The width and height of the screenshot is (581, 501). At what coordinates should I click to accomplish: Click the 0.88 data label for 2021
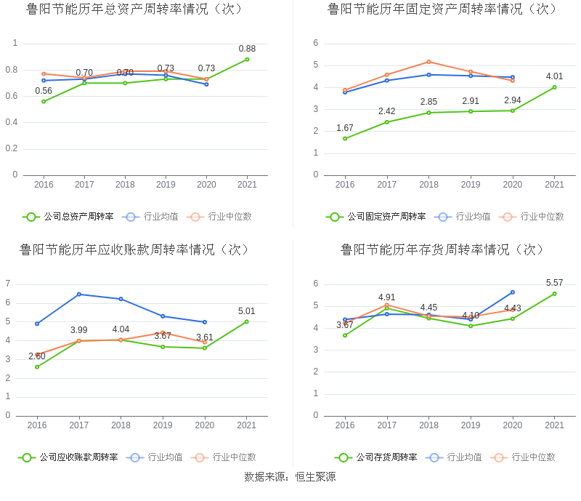point(247,49)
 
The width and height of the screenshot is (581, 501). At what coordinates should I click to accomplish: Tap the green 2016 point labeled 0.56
point(44,101)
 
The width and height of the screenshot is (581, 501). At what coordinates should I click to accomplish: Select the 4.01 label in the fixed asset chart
point(554,76)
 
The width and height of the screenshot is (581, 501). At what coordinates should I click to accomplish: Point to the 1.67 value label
point(345,128)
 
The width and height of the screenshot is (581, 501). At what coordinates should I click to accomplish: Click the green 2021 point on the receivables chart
point(246,321)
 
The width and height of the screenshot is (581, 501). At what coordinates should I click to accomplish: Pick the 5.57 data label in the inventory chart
point(554,283)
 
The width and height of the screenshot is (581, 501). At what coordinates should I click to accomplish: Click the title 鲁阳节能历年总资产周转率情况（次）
point(134,9)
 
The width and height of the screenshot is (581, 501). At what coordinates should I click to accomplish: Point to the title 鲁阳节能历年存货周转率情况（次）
point(442,250)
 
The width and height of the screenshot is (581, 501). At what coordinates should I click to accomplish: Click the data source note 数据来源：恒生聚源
point(290,477)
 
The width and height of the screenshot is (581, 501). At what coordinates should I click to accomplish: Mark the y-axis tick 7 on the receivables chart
point(8,284)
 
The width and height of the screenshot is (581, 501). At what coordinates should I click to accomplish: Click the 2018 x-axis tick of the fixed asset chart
point(428,185)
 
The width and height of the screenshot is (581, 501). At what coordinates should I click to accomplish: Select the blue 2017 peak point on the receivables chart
point(78,294)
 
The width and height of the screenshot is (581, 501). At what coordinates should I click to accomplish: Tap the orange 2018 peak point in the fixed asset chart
point(428,62)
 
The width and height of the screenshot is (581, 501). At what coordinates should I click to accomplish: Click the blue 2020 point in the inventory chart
point(512,292)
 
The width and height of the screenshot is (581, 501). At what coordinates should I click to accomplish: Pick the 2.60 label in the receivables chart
point(37,356)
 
